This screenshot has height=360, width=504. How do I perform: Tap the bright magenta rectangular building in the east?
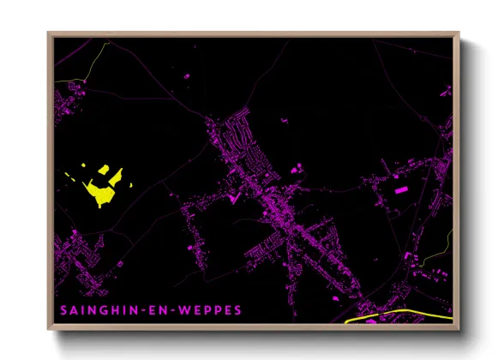(x=399, y=185)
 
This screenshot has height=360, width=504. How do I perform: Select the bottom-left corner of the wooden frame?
(x=48, y=330)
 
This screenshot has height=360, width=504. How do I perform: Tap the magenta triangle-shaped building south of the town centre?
(x=231, y=199)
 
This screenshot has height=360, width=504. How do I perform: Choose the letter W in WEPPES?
(x=182, y=310)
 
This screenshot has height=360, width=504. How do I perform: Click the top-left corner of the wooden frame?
(x=48, y=33)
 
